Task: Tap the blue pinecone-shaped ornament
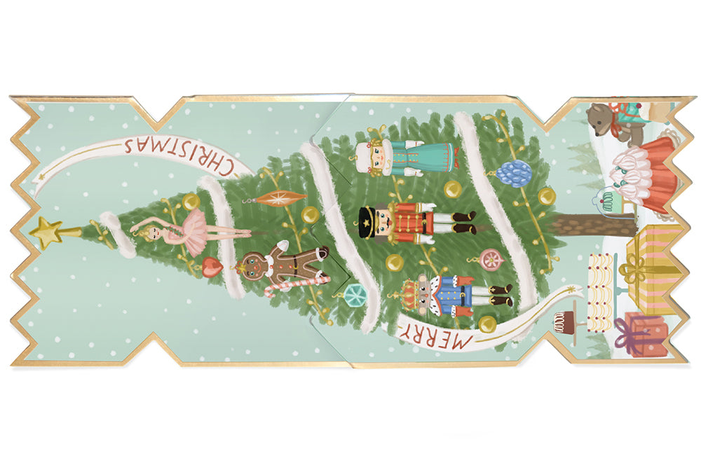pyautogui.click(x=517, y=172)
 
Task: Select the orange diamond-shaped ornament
pyautogui.click(x=280, y=197)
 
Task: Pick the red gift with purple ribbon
pyautogui.click(x=639, y=333)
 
